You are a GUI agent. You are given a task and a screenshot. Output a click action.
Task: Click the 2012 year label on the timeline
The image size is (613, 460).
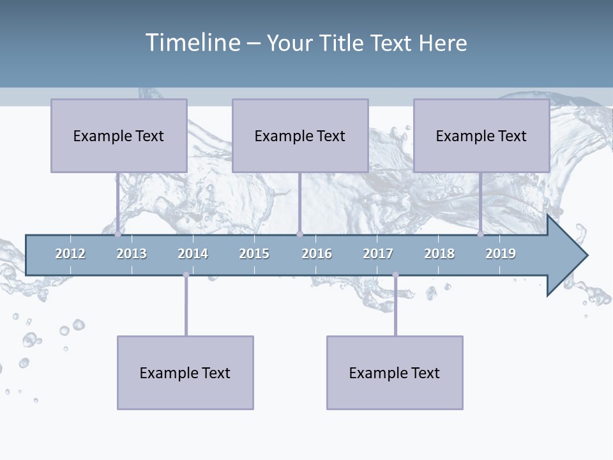tap(70, 254)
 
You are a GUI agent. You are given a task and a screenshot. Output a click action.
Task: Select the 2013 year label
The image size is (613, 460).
tap(132, 254)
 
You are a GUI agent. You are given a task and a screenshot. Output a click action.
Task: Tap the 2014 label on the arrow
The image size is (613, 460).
tap(193, 254)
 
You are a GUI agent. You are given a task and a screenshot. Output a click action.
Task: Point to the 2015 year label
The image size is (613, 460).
tap(254, 254)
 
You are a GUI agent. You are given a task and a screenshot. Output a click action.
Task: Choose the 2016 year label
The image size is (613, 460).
tap(317, 254)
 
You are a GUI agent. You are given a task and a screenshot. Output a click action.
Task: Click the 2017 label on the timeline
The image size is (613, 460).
tap(378, 254)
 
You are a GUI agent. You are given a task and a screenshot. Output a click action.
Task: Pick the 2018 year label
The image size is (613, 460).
tap(439, 254)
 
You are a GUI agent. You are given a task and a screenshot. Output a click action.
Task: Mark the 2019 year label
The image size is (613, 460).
tap(501, 254)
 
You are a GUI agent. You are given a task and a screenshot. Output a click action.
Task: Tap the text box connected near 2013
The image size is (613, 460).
tap(119, 135)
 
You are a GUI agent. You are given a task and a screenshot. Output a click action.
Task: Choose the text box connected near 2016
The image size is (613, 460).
tap(300, 135)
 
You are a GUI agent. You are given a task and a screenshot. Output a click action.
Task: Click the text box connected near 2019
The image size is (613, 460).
tap(481, 135)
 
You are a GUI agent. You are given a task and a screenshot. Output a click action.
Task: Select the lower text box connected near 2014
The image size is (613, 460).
tap(185, 372)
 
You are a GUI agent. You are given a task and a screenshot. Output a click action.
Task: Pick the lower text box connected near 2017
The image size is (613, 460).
tap(395, 372)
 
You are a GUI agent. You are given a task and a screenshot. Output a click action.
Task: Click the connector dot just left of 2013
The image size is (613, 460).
tap(118, 234)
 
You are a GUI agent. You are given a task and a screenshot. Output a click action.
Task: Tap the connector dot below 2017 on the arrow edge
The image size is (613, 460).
tap(395, 275)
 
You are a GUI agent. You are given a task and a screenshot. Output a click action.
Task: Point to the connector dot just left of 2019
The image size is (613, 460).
tap(480, 234)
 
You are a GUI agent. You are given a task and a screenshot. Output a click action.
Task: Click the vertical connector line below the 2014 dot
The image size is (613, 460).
tap(186, 307)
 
